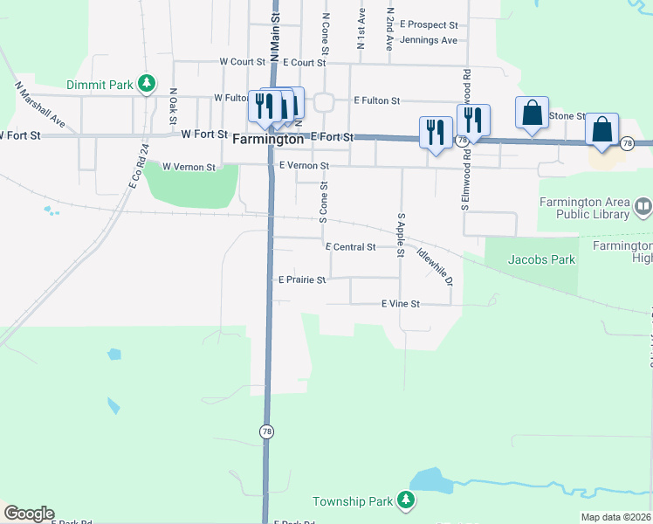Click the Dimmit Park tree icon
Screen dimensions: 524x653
tap(148, 84)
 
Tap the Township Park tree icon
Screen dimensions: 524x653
tap(405, 500)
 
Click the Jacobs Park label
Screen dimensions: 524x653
tap(541, 259)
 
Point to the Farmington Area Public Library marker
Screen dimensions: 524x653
tap(643, 208)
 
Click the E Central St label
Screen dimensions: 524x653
tap(350, 247)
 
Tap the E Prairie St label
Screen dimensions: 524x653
tap(301, 280)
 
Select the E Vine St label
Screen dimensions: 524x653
tap(401, 304)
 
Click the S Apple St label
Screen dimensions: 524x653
tap(402, 234)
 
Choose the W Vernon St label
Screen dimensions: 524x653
tap(189, 166)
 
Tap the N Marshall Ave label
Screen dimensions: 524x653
tap(40, 105)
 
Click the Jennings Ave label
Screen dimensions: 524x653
tap(428, 40)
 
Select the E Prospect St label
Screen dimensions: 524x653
tap(429, 25)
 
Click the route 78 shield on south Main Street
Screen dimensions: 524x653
tap(266, 431)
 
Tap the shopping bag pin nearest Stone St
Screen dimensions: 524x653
tap(532, 114)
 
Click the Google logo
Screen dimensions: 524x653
tap(29, 514)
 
